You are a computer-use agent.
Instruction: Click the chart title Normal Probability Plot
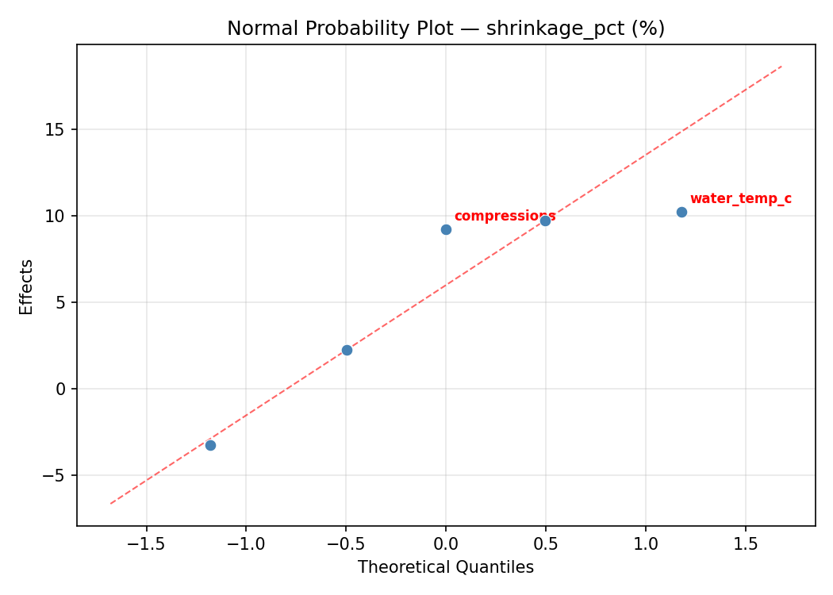(x=446, y=29)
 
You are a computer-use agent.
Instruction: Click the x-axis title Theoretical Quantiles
(x=446, y=567)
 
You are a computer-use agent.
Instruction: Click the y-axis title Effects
(x=27, y=286)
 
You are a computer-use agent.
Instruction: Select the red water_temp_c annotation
(x=740, y=199)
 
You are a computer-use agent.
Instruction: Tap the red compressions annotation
(x=505, y=217)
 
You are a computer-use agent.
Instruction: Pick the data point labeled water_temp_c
(x=681, y=212)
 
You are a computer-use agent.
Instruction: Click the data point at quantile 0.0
(x=446, y=229)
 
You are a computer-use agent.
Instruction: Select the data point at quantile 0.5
(x=545, y=221)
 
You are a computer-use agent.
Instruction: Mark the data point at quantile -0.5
(x=347, y=350)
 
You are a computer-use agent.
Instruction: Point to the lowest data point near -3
(x=210, y=445)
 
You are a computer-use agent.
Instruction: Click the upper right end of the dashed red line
(x=781, y=66)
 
